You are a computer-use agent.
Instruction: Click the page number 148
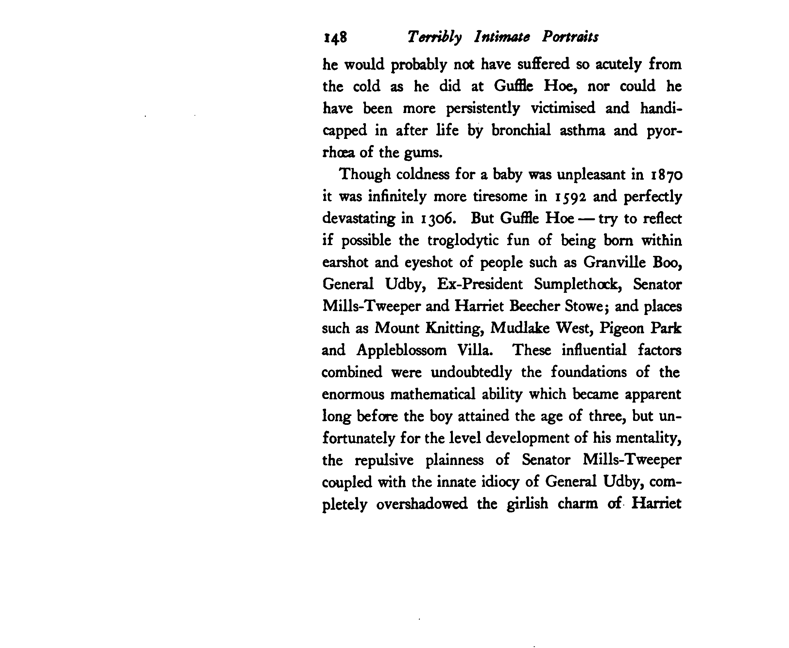pos(335,38)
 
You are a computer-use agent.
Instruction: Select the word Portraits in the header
pos(570,37)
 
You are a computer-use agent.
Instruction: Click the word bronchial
pos(521,131)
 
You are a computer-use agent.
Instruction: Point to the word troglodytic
pos(463,241)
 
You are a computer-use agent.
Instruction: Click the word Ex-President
pos(479,284)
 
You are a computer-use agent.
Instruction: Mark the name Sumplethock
pos(577,284)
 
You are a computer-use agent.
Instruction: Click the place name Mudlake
pos(520,328)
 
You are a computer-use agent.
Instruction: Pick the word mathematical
pos(433,394)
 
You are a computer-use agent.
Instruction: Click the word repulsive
pos(384,460)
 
